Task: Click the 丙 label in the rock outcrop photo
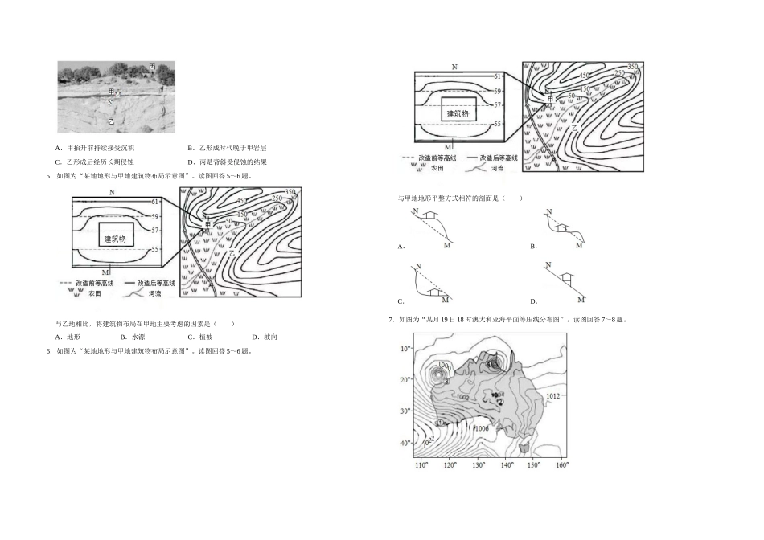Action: click(153, 67)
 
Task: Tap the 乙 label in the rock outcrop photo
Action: click(111, 121)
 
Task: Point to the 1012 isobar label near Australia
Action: click(552, 396)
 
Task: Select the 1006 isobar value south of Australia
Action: click(482, 429)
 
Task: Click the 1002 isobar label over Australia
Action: click(462, 397)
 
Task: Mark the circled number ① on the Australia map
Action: click(440, 422)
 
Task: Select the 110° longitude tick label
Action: click(421, 465)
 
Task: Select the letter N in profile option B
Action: click(548, 211)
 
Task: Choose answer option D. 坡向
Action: click(265, 337)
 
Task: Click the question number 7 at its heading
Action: click(390, 320)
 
